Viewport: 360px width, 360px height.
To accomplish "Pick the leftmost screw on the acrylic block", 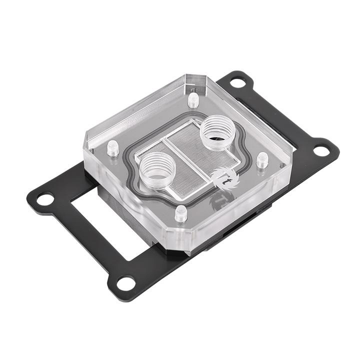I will click(x=113, y=148).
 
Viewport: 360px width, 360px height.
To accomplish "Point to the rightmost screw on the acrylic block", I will click(x=262, y=160).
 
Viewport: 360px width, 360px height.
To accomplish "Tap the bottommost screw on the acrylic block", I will click(x=181, y=214).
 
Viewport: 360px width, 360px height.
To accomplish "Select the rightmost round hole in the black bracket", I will click(x=320, y=149).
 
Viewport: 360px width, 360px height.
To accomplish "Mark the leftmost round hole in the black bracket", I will click(x=45, y=198).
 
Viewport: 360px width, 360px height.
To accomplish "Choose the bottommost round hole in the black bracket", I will click(x=126, y=283).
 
